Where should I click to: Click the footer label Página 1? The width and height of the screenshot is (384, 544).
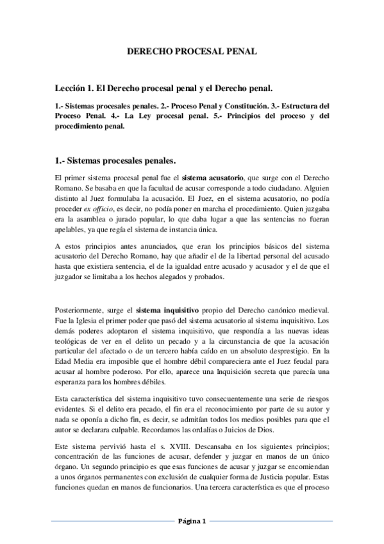[x=192, y=522]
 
